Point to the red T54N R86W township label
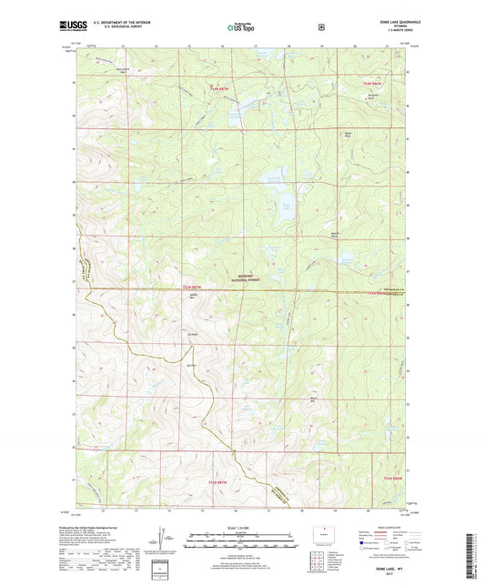click(365, 84)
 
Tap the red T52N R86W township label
click(393, 479)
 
